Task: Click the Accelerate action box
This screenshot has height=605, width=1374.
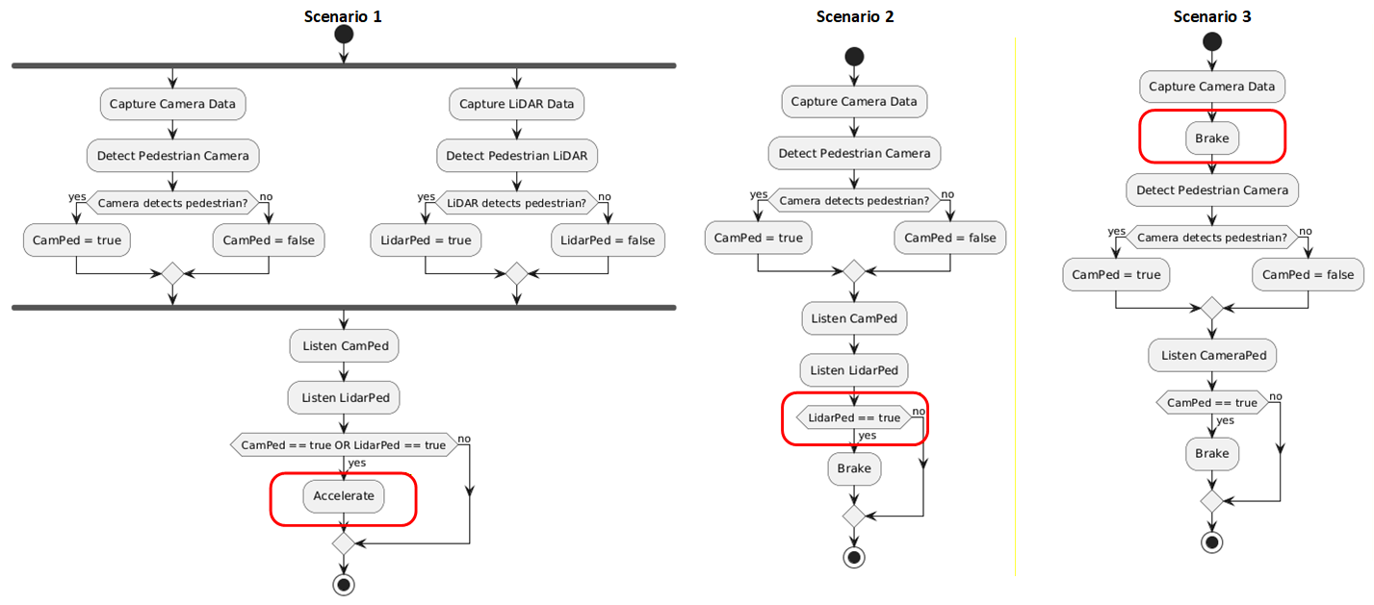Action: pos(344,496)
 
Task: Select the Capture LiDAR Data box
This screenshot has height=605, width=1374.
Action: pos(516,104)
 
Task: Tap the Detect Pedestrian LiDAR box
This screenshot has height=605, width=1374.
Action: pos(517,155)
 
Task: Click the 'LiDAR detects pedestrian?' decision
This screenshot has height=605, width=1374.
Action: pos(516,203)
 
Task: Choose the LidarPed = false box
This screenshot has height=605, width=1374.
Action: pos(607,240)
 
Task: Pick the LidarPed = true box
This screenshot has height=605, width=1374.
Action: pos(425,240)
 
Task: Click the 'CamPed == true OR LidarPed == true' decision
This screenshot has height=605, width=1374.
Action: pos(343,445)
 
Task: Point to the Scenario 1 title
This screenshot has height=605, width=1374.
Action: pos(343,16)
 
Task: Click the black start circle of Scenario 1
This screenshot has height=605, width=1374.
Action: pos(343,35)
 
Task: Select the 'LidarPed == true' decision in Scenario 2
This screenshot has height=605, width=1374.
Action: pos(854,417)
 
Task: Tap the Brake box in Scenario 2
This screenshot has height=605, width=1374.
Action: pos(854,468)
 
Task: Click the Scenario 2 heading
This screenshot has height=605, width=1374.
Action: pos(854,16)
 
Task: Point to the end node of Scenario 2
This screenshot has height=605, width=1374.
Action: pos(854,557)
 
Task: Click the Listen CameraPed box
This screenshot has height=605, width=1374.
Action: pos(1212,355)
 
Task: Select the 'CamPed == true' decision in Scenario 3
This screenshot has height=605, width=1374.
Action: pos(1211,403)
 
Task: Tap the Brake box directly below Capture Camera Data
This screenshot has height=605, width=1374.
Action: pos(1211,139)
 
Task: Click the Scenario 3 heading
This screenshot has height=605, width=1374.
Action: pos(1211,16)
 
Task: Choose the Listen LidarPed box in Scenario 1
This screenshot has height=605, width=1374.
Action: pos(344,397)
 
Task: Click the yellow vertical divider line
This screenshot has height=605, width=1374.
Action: pos(1015,308)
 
